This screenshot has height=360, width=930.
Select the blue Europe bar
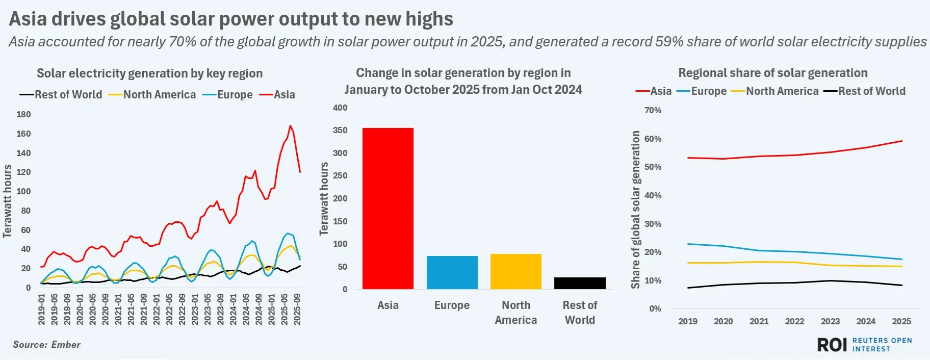click(452, 272)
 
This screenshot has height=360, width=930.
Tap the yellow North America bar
click(515, 271)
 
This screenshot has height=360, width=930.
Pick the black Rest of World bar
click(580, 283)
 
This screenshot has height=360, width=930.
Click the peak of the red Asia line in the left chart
click(290, 125)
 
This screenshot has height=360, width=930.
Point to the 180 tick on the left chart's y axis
click(23, 114)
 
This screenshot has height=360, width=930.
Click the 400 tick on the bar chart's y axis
click(340, 108)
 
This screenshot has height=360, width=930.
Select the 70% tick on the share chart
click(653, 110)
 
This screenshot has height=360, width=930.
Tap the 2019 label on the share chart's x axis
click(687, 321)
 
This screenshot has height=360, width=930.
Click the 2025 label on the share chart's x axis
click(901, 321)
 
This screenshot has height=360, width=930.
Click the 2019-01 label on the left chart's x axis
click(42, 309)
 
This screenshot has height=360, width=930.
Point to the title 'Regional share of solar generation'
click(772, 73)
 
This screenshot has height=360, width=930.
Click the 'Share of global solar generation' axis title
click(635, 209)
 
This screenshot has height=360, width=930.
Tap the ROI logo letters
click(832, 345)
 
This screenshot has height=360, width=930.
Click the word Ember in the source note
click(66, 344)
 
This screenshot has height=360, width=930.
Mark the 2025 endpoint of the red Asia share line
click(901, 141)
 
